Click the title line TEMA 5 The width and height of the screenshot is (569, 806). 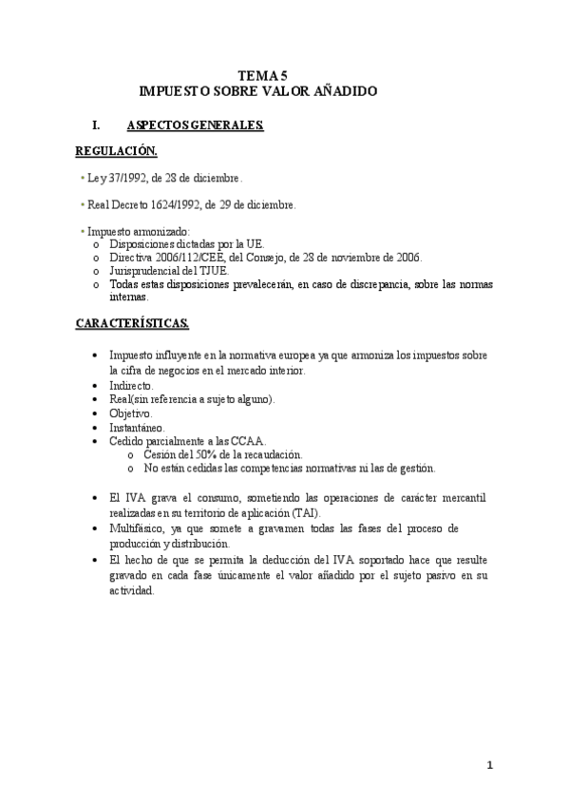[262, 75]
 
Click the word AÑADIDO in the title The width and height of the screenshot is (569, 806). [342, 91]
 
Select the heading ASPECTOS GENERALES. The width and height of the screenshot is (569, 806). [195, 125]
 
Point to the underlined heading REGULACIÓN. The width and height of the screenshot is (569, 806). [116, 151]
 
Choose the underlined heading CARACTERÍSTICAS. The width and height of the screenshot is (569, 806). [132, 324]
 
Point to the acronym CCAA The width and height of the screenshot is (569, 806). [248, 441]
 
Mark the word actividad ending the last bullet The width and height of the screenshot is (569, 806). [131, 589]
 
